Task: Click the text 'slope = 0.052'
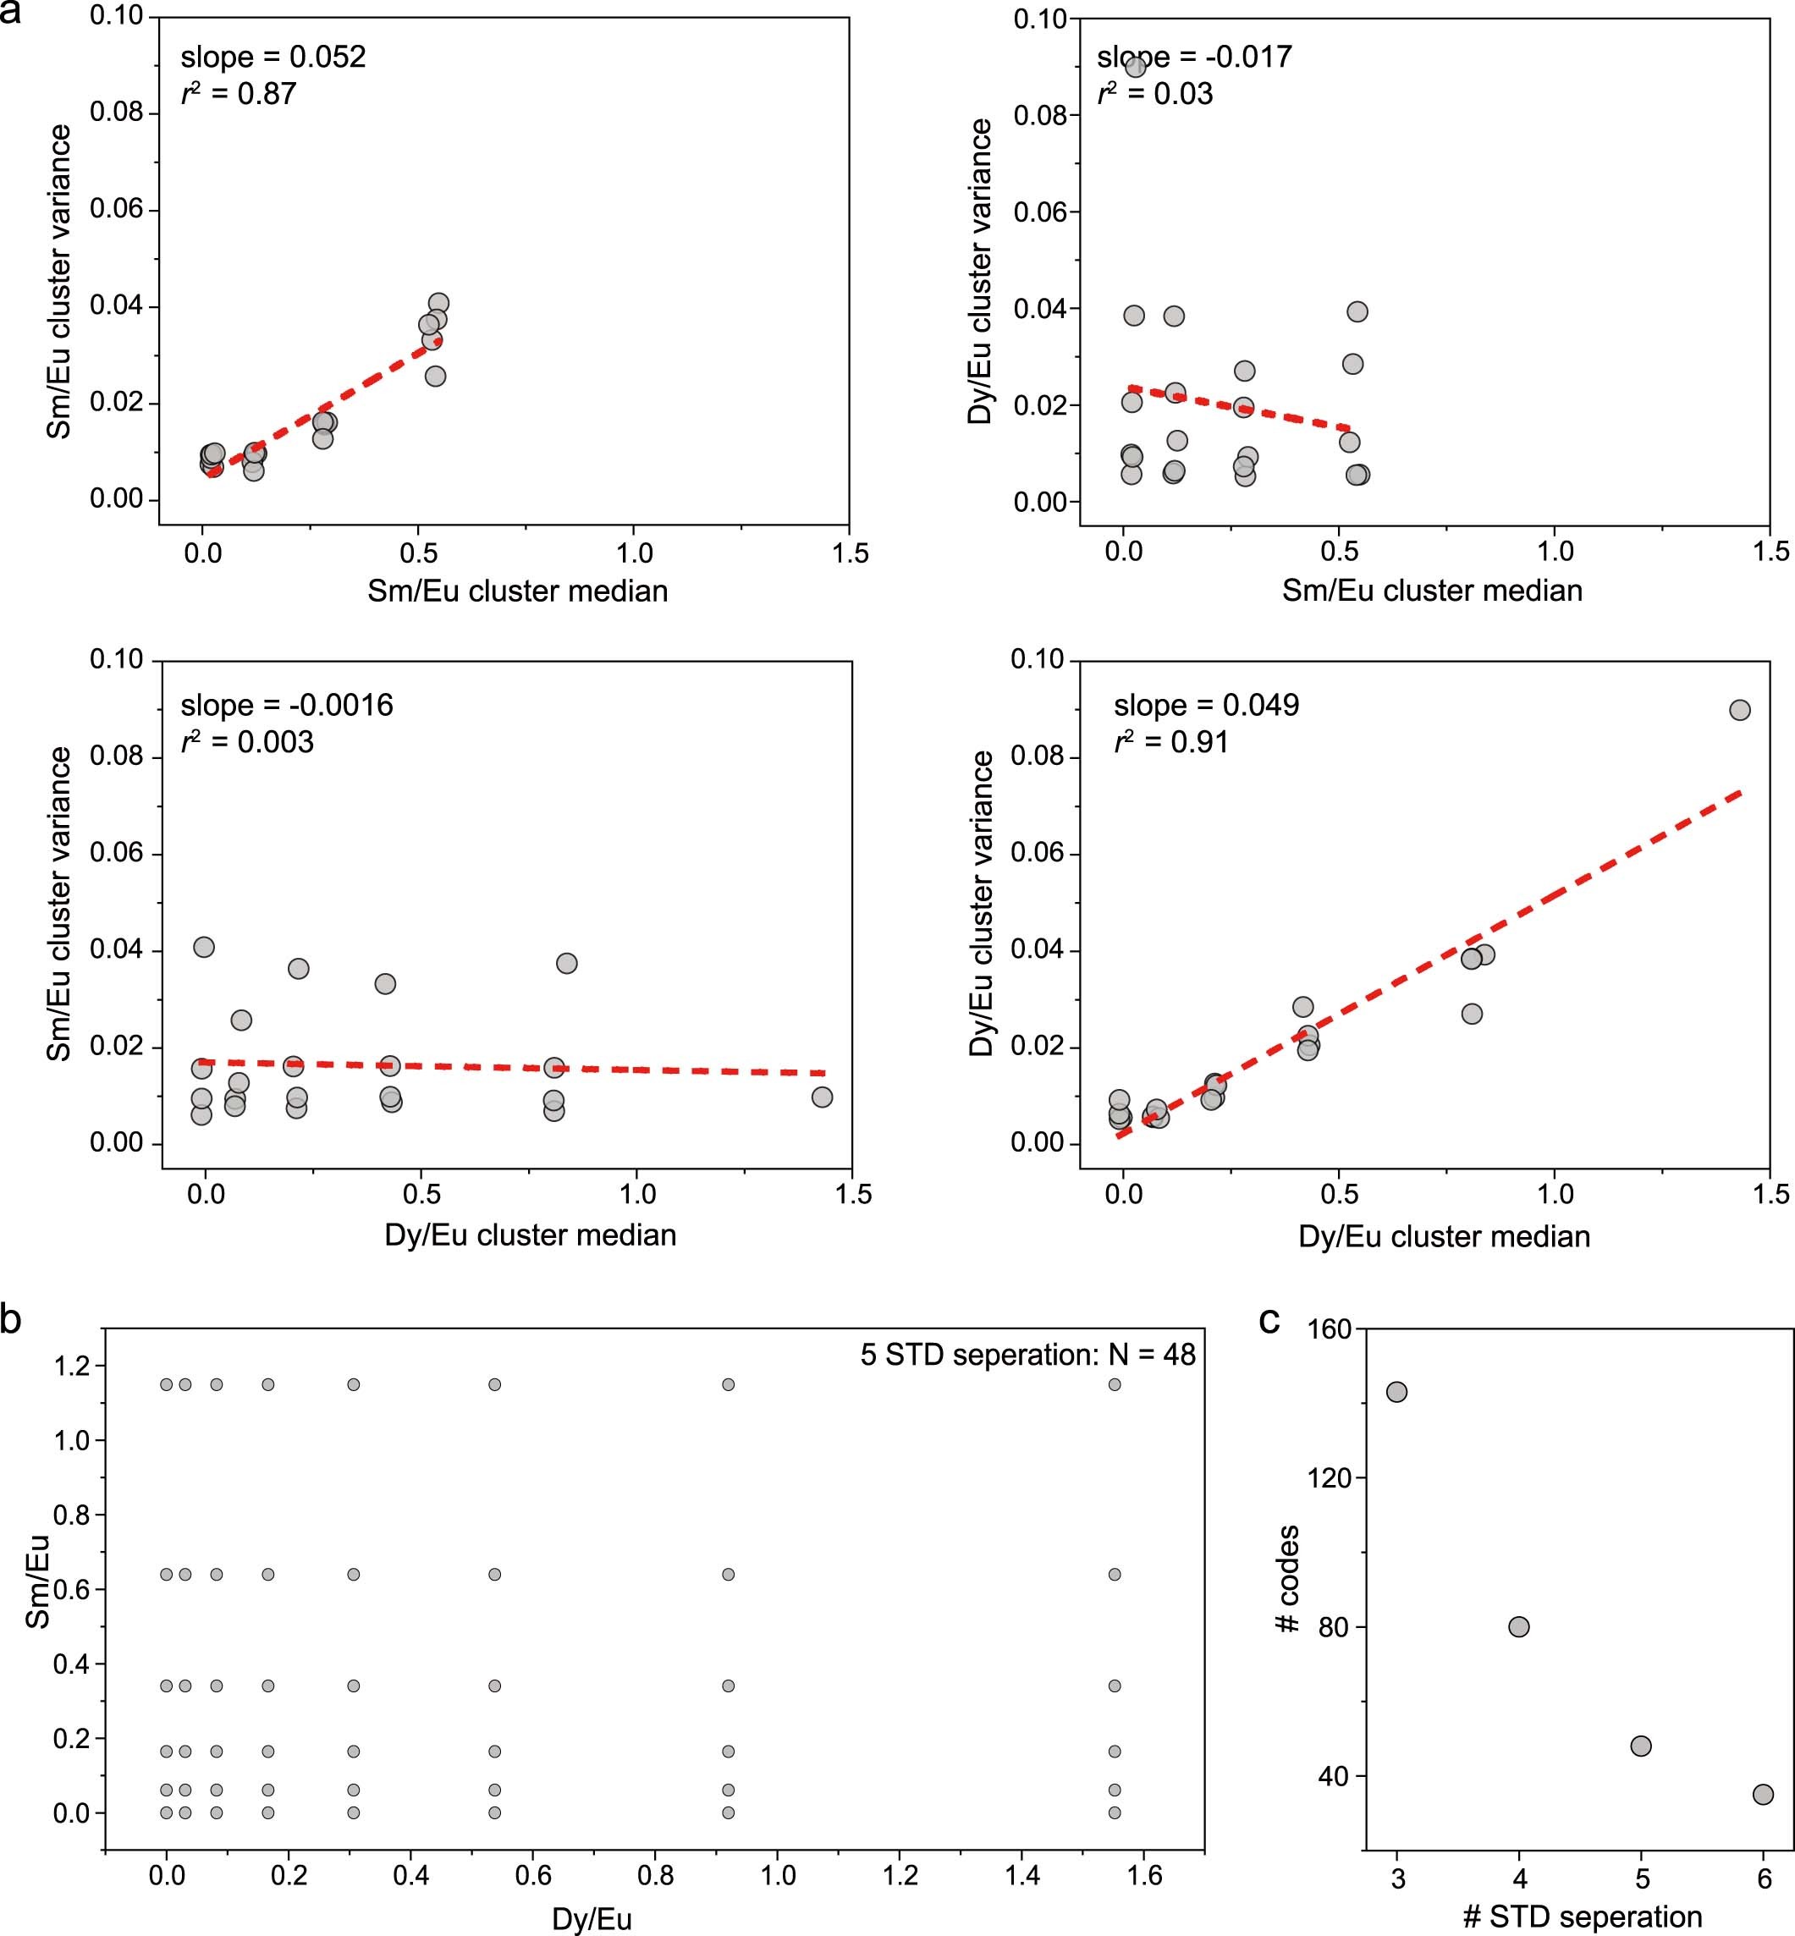(273, 57)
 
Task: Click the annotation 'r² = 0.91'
(1170, 742)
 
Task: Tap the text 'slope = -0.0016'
(287, 704)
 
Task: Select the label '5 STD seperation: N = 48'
(1027, 1355)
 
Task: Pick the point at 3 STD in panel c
(1396, 1391)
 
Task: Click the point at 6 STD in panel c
(1763, 1794)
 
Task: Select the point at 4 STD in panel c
(1519, 1626)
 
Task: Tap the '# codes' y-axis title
(1287, 1578)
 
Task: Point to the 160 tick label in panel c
(1330, 1329)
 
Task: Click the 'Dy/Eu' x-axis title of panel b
(592, 1918)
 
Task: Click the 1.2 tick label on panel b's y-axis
(71, 1366)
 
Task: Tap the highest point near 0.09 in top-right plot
(1136, 66)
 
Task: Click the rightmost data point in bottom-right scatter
(1740, 710)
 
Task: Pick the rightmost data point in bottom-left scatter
(822, 1096)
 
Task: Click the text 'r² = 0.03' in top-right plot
(1155, 94)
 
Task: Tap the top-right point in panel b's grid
(1114, 1384)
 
